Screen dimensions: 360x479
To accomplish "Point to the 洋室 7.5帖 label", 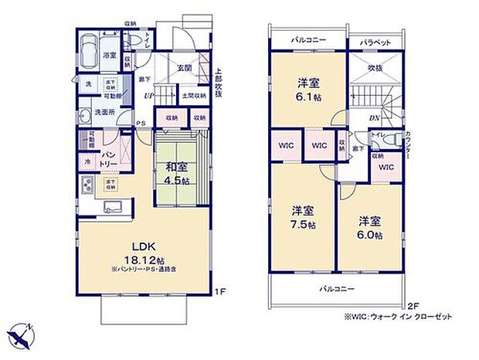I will (303, 217).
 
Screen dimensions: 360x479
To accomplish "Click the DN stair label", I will (374, 117).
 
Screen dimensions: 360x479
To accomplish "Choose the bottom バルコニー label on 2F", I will (338, 288).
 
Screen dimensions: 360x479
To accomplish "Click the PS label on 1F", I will (140, 123).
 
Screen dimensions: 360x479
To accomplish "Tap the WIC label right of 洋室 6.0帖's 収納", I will (386, 167).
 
